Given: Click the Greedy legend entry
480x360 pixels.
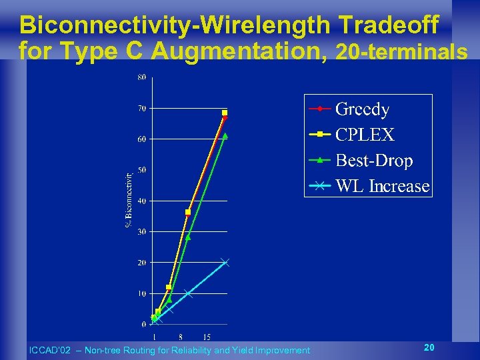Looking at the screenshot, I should pyautogui.click(x=362, y=109).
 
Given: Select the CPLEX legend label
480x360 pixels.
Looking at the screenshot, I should pyautogui.click(x=365, y=135).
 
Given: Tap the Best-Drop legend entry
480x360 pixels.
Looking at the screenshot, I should pyautogui.click(x=373, y=161).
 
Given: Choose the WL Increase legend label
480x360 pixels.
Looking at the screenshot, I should pyautogui.click(x=382, y=186).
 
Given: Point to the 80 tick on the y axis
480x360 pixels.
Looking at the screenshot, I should pyautogui.click(x=142, y=77).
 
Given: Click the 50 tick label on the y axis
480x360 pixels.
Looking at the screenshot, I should pyautogui.click(x=142, y=170).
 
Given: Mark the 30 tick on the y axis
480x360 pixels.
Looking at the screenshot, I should pyautogui.click(x=142, y=232).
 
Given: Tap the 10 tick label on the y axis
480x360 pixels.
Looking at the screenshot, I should pyautogui.click(x=142, y=294).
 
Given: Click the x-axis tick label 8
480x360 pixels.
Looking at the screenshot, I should pyautogui.click(x=181, y=336).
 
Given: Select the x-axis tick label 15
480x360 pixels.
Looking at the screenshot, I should pyautogui.click(x=207, y=336).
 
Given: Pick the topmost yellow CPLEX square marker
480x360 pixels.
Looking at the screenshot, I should pyautogui.click(x=225, y=113).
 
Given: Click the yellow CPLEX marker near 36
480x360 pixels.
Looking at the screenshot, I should pyautogui.click(x=188, y=212).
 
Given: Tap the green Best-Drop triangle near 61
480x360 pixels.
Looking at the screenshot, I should pyautogui.click(x=225, y=135).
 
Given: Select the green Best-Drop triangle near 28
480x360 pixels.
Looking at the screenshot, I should pyautogui.click(x=188, y=237).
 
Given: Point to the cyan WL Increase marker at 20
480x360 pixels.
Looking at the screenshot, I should pyautogui.click(x=225, y=262).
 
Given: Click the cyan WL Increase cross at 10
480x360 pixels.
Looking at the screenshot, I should pyautogui.click(x=188, y=293).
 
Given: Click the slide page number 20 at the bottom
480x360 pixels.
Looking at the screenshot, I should pyautogui.click(x=429, y=347).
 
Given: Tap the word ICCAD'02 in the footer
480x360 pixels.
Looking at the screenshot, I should pyautogui.click(x=47, y=350).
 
